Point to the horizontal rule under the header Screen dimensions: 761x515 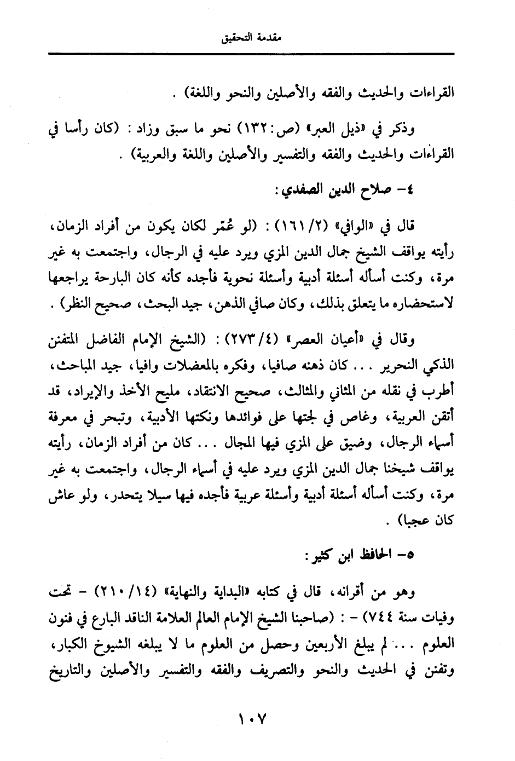(251, 53)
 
